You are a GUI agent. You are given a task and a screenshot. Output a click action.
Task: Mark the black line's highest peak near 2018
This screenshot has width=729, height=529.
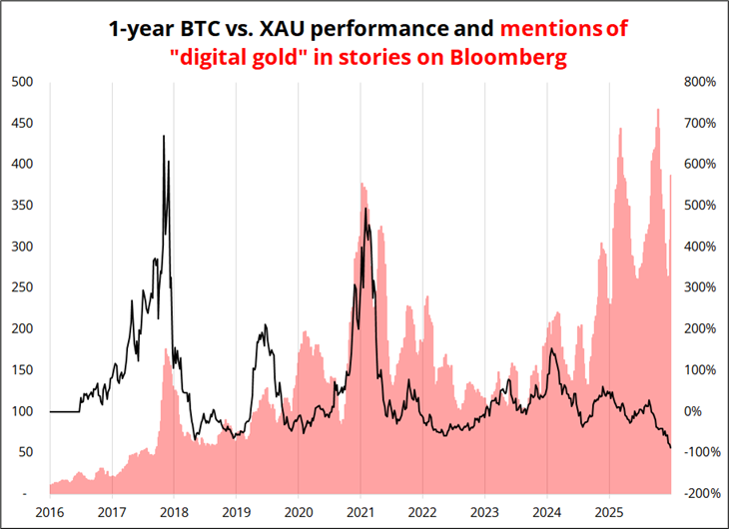[x=164, y=136]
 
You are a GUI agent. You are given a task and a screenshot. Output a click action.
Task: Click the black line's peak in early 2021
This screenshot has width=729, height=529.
[x=366, y=209]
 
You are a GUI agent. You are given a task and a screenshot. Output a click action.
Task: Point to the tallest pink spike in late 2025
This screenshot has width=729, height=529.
[x=657, y=109]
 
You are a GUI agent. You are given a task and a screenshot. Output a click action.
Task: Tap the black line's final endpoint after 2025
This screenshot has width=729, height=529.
[x=670, y=447]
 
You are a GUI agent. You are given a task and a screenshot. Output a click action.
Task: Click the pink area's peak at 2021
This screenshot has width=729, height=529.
[x=362, y=184]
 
